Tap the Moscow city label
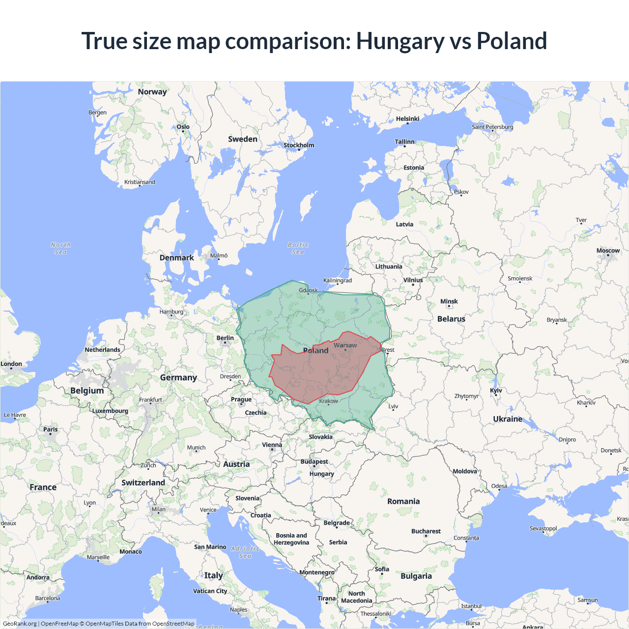(608, 251)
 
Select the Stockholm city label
(299, 145)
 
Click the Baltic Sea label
(298, 248)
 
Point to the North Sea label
(60, 248)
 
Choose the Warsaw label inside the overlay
(345, 345)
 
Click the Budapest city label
(314, 461)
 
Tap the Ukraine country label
(508, 419)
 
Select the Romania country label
(403, 501)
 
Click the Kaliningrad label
(337, 280)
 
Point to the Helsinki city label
(407, 119)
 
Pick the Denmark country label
(176, 257)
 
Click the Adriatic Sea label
(245, 552)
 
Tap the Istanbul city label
(471, 606)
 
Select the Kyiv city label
(496, 390)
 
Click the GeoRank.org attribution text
(20, 624)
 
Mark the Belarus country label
(451, 319)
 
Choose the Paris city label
(50, 429)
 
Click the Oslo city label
(183, 127)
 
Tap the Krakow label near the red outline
(328, 401)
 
